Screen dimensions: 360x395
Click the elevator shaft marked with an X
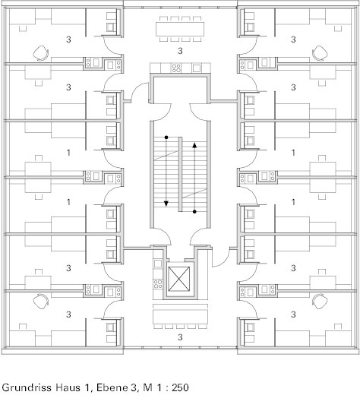(x=179, y=279)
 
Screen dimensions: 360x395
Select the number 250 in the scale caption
(x=180, y=387)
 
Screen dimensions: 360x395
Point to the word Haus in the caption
(x=67, y=387)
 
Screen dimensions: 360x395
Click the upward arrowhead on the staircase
(x=194, y=145)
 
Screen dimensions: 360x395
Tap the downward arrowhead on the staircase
(x=166, y=204)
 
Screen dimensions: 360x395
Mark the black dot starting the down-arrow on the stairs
(x=166, y=137)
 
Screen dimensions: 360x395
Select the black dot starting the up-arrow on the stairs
(x=194, y=211)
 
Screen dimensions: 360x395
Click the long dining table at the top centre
(x=180, y=29)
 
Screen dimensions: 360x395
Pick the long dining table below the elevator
(x=180, y=317)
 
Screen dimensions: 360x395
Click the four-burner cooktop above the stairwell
(x=176, y=68)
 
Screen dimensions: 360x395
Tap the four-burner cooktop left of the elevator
(x=158, y=284)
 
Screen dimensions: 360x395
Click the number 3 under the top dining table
(x=180, y=51)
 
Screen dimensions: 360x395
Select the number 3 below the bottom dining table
(x=180, y=337)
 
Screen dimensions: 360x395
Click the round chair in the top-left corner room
(x=41, y=53)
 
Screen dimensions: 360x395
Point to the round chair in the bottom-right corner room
(x=320, y=302)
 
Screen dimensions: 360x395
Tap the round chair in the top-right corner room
(x=320, y=53)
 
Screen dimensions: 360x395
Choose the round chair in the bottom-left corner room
(x=41, y=302)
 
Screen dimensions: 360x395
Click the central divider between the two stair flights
(x=181, y=174)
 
